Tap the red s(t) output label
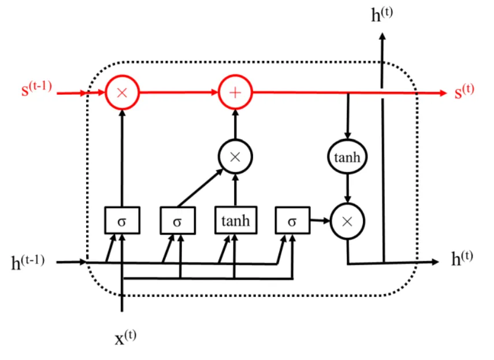464,91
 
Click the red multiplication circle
122,92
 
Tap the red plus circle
236,92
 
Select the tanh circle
347,157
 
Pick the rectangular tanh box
236,220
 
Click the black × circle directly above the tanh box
236,157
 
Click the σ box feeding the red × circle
122,220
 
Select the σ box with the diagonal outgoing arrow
178,220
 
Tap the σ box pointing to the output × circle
292,220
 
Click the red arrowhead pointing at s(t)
442,92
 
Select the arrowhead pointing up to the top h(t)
382,36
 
